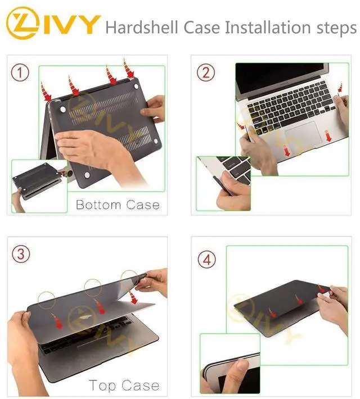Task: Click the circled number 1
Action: click(x=20, y=72)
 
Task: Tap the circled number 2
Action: click(x=206, y=72)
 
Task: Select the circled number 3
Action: click(x=21, y=254)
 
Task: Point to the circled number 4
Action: click(x=207, y=260)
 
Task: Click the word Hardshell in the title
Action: click(x=141, y=27)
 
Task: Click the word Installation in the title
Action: click(x=268, y=27)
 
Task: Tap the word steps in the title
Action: click(x=336, y=28)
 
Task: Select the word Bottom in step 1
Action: click(x=98, y=205)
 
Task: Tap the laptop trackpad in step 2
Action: click(x=303, y=135)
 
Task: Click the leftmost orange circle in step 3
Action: click(x=47, y=300)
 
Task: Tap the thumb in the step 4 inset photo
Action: click(x=237, y=374)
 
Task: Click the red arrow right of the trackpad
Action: click(x=328, y=135)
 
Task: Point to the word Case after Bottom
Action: click(x=143, y=205)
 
